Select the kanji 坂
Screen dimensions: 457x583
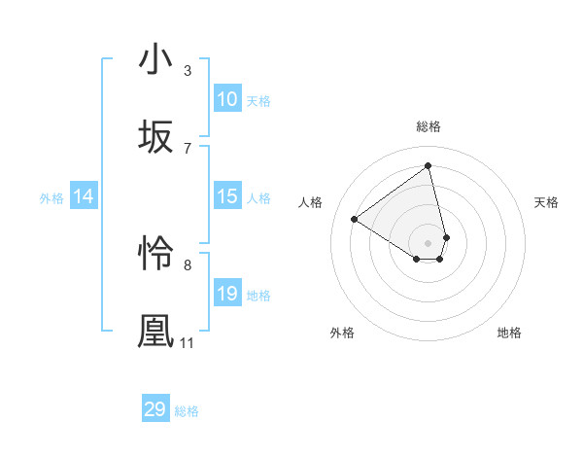pyautogui.click(x=155, y=136)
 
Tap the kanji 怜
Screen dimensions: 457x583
pyautogui.click(x=155, y=253)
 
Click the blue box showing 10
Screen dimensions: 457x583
pyautogui.click(x=227, y=99)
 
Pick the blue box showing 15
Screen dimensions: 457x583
pyautogui.click(x=227, y=197)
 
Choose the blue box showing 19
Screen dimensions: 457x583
pyautogui.click(x=227, y=294)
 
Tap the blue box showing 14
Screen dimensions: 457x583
pyautogui.click(x=84, y=197)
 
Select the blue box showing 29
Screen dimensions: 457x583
pyautogui.click(x=155, y=409)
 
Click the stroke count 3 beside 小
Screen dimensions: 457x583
pyautogui.click(x=188, y=70)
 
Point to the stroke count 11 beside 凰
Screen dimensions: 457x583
pyautogui.click(x=188, y=343)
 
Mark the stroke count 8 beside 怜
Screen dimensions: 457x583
pyautogui.click(x=188, y=264)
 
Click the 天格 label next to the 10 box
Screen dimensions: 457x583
pyautogui.click(x=258, y=101)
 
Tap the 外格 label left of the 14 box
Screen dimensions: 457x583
pyautogui.click(x=51, y=198)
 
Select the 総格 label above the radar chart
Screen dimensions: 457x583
pyautogui.click(x=429, y=126)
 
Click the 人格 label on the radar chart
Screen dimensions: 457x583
pyautogui.click(x=311, y=202)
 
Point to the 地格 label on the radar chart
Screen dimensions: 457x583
pyautogui.click(x=509, y=333)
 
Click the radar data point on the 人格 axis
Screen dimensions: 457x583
pyautogui.click(x=355, y=220)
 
